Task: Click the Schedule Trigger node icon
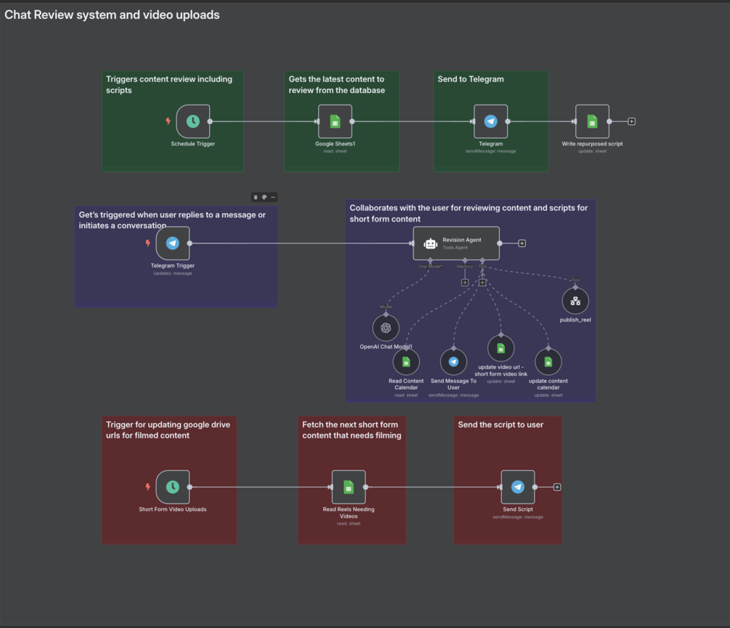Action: click(192, 122)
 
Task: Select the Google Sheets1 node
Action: click(335, 122)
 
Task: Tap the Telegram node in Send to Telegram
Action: click(490, 122)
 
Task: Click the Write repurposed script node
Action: click(592, 122)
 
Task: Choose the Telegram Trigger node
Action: click(172, 243)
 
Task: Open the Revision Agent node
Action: click(456, 243)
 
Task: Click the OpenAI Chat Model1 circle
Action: click(386, 328)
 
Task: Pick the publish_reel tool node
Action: click(575, 301)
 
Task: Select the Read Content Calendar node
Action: click(406, 362)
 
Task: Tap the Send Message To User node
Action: click(453, 362)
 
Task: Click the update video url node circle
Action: click(500, 349)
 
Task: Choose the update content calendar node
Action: click(548, 362)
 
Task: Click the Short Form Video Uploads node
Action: click(172, 487)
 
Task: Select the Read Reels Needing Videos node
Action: click(349, 487)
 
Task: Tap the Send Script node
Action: click(517, 487)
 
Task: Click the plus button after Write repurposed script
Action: click(632, 121)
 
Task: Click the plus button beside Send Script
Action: click(557, 487)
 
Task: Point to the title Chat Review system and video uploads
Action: click(112, 15)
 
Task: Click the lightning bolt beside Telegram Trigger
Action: click(148, 243)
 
